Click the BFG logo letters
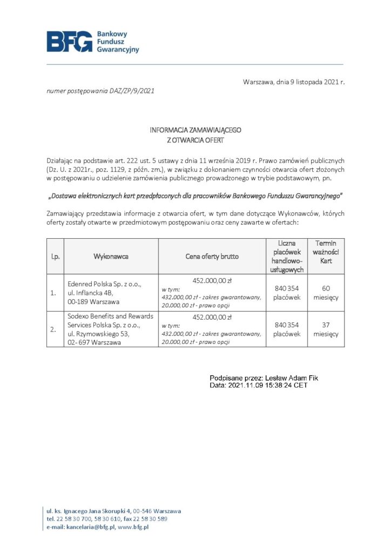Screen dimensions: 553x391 pyautogui.click(x=70, y=41)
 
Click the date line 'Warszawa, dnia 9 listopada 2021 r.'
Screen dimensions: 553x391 pyautogui.click(x=293, y=82)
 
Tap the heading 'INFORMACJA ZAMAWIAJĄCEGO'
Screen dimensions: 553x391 pyautogui.click(x=195, y=130)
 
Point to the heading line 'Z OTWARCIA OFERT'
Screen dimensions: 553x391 pyautogui.click(x=195, y=139)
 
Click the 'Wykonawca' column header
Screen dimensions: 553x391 pyautogui.click(x=111, y=257)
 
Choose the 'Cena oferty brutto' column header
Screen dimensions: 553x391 pyautogui.click(x=212, y=257)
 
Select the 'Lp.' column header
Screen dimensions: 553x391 pyautogui.click(x=55, y=257)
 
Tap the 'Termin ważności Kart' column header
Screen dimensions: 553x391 pyautogui.click(x=326, y=252)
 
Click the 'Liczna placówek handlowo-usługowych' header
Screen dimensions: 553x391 pyautogui.click(x=286, y=257)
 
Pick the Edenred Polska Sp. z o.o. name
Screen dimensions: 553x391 pyautogui.click(x=104, y=284)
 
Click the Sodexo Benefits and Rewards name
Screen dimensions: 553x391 pyautogui.click(x=110, y=316)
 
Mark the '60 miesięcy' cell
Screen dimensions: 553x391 pyautogui.click(x=326, y=293)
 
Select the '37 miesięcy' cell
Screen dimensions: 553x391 pyautogui.click(x=326, y=329)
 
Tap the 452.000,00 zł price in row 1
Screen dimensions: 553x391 pyautogui.click(x=212, y=280)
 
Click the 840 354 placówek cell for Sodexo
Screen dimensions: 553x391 pyautogui.click(x=286, y=329)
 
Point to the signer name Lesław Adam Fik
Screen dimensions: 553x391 pyautogui.click(x=285, y=379)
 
